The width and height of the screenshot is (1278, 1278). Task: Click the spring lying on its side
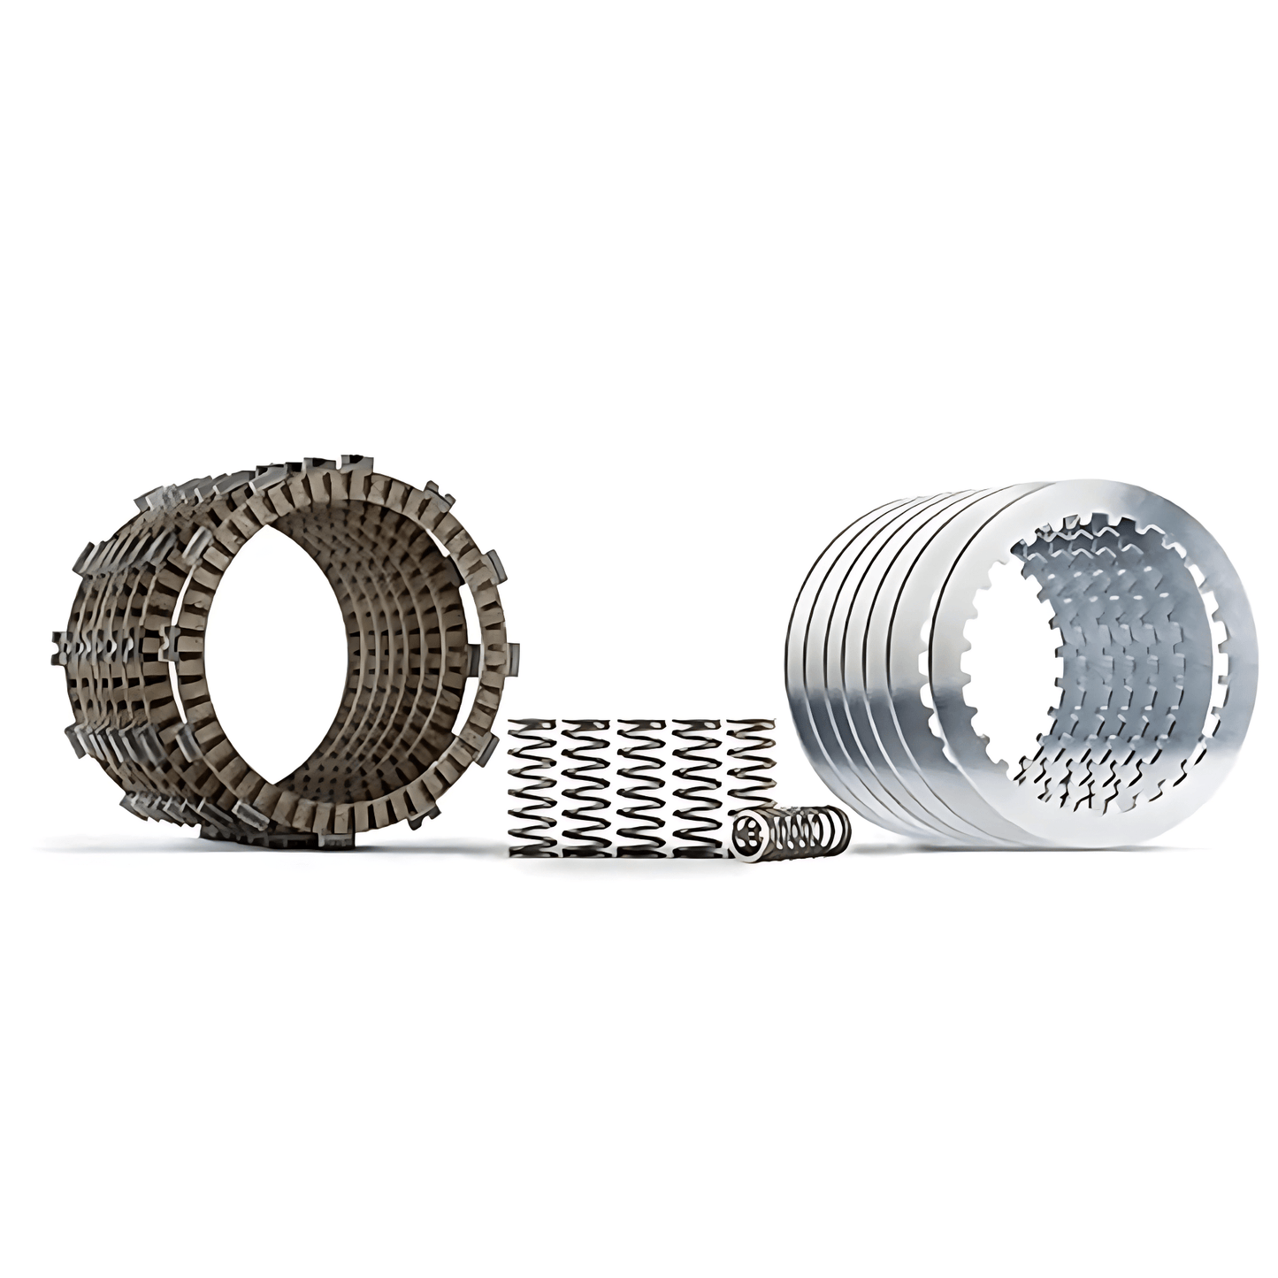792,830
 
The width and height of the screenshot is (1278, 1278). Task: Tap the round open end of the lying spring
747,833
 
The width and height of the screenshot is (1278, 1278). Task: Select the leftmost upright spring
533,786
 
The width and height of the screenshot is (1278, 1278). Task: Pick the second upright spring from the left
588,786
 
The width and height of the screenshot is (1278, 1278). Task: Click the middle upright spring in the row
643,786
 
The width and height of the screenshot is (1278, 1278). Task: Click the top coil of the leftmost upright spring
533,728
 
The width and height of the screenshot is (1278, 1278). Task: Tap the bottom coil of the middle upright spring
643,847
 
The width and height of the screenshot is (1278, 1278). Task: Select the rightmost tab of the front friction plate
514,654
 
